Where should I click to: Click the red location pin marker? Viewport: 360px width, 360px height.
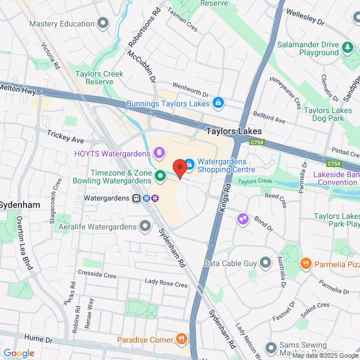(x=179, y=168)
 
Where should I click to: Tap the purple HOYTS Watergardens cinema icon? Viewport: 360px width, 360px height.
(x=159, y=153)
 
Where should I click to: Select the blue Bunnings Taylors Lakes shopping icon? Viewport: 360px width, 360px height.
(x=218, y=103)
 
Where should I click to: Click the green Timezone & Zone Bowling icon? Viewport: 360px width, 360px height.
(x=160, y=177)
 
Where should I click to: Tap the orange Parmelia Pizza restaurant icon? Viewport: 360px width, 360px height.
(x=305, y=263)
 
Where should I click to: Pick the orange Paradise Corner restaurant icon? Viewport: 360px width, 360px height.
(x=181, y=339)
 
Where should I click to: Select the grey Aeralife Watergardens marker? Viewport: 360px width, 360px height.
(x=146, y=227)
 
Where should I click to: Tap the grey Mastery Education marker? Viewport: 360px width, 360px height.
(x=103, y=24)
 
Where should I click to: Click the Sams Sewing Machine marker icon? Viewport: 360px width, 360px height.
(x=271, y=347)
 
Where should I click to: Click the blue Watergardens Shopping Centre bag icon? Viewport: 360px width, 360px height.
(x=190, y=164)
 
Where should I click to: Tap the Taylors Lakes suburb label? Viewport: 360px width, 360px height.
(x=233, y=131)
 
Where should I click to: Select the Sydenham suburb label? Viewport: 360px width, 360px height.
(x=20, y=205)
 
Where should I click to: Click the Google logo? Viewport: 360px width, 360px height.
(x=18, y=353)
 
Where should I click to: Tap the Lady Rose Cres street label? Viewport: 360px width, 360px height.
(x=166, y=285)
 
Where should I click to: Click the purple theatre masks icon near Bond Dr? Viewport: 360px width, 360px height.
(x=242, y=218)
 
